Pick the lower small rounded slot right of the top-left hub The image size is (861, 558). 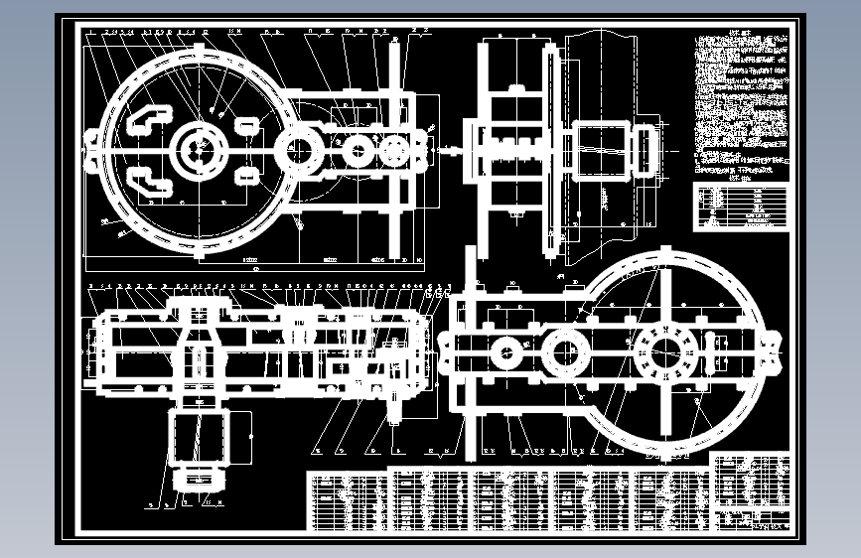[245, 176]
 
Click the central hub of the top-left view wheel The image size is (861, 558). [200, 150]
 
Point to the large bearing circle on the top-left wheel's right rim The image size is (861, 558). [297, 150]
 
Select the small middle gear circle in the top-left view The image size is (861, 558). [357, 151]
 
